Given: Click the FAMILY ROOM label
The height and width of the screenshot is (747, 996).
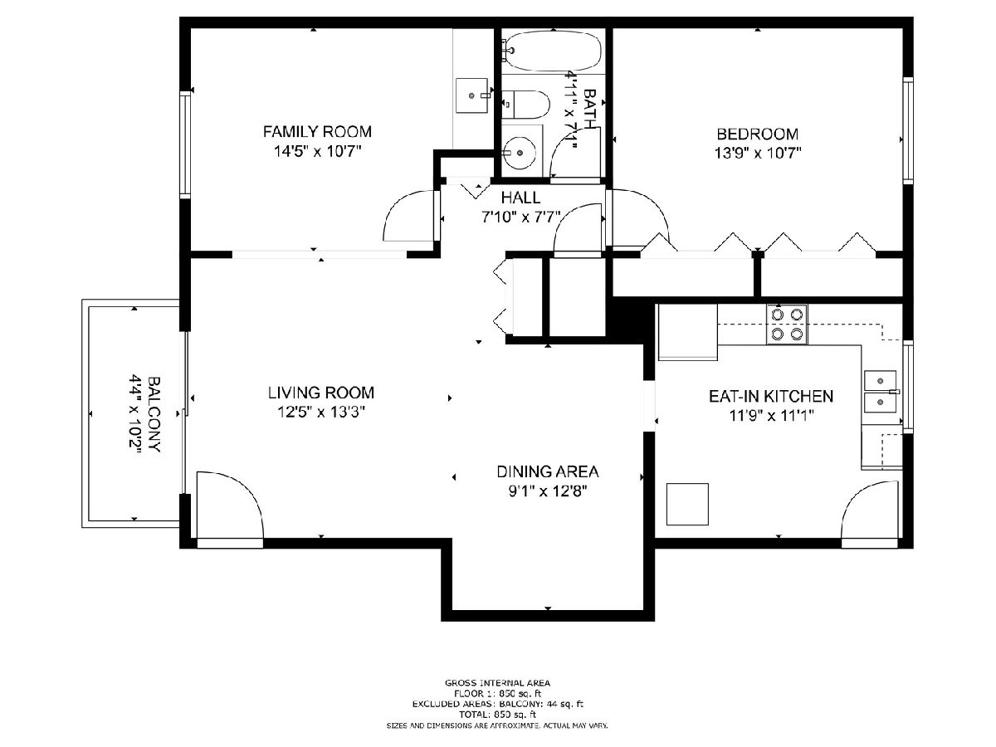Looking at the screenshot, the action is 317,131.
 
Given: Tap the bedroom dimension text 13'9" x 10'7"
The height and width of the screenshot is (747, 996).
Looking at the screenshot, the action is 757,154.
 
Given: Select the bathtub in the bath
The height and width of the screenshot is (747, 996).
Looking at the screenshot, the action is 553,51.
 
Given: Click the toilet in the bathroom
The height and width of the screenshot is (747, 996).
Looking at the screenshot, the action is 526,105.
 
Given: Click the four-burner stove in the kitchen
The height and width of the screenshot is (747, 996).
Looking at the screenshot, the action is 787,324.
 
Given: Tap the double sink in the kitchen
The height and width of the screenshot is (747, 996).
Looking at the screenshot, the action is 881,391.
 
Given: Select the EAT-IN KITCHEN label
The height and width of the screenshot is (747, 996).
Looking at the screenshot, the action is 771,396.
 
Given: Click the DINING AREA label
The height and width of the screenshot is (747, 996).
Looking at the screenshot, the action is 548,471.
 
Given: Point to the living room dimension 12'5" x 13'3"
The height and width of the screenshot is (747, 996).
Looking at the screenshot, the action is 321,412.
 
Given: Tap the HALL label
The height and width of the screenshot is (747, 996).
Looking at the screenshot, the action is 521,198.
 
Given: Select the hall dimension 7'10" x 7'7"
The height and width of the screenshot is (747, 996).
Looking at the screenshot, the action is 521,217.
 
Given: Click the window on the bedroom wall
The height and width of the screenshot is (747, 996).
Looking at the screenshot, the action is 908,130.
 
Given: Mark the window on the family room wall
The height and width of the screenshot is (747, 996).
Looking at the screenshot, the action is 185,144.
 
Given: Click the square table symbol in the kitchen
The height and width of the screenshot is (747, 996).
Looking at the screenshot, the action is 687,504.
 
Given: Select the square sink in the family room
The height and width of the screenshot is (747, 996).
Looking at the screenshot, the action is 472,95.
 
